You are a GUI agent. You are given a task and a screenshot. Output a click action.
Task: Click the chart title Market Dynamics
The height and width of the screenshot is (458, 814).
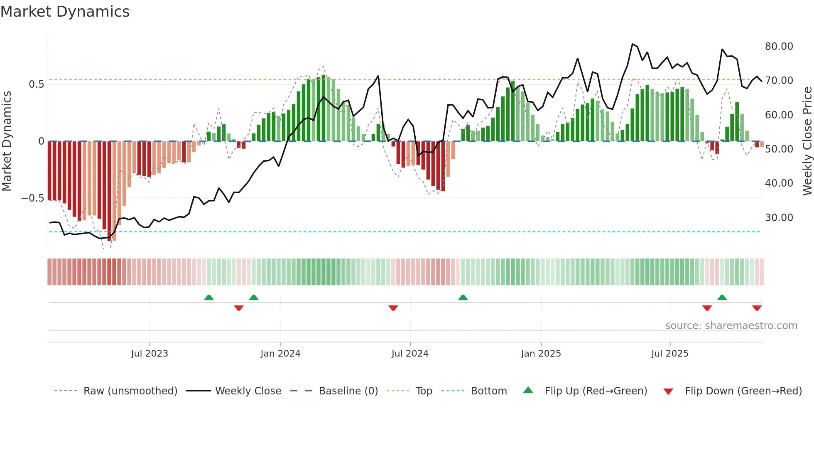pos(65,12)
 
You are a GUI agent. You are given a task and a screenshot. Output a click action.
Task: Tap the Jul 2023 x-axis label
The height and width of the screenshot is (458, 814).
pos(150,354)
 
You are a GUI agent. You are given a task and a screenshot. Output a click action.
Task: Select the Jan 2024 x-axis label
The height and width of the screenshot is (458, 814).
pos(280,354)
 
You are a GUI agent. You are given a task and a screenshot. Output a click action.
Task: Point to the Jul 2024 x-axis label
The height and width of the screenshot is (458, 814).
pos(410,354)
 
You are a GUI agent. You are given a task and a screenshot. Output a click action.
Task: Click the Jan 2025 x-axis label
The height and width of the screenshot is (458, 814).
pos(541,354)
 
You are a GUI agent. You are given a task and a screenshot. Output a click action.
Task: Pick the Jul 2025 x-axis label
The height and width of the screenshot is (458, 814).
pos(669,354)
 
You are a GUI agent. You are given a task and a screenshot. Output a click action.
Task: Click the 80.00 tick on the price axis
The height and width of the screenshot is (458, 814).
pos(779,47)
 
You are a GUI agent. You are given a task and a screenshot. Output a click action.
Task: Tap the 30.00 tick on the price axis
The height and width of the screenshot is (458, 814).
pos(779,218)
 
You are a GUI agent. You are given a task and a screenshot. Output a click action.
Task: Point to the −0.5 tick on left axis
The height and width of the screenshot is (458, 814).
pos(32,198)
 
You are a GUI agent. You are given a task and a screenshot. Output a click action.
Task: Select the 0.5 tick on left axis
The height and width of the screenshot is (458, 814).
pos(36,84)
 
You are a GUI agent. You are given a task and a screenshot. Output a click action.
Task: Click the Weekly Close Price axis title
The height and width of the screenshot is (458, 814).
pos(807,141)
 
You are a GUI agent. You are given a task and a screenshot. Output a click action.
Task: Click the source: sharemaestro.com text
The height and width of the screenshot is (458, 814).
pos(731,326)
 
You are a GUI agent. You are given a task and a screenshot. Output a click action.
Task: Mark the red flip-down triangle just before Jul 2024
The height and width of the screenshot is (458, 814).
pos(393,308)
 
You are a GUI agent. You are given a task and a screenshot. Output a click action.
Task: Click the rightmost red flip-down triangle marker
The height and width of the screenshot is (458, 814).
pos(757,308)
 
